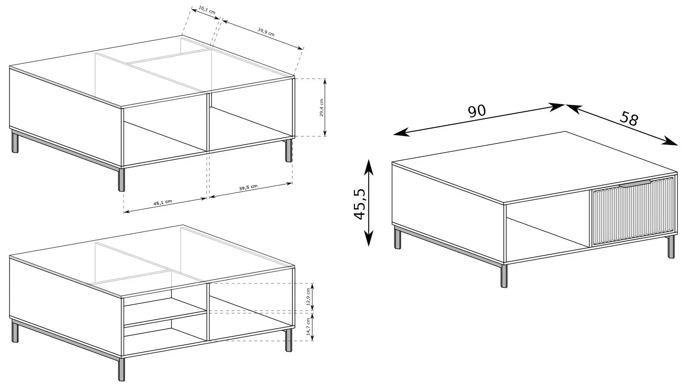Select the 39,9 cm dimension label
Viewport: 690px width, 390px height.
[x=266, y=32]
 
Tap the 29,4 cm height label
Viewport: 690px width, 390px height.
[x=321, y=108]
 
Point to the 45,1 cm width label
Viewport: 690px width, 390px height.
[x=162, y=202]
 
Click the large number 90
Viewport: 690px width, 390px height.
[x=477, y=111]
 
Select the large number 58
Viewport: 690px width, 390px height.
[x=629, y=118]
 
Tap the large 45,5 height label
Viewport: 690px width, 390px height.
[x=360, y=204]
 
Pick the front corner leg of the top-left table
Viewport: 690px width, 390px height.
[x=121, y=180]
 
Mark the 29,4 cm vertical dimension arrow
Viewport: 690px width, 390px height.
[x=325, y=107]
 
